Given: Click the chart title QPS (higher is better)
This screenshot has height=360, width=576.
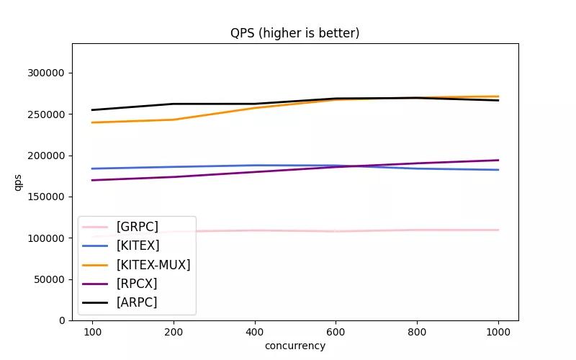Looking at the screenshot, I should click(x=294, y=33).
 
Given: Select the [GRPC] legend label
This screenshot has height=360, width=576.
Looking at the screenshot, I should click(x=137, y=227).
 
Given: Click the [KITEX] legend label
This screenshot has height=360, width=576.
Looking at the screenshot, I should click(x=138, y=246).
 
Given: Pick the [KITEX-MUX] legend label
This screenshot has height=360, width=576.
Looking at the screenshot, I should click(x=153, y=265).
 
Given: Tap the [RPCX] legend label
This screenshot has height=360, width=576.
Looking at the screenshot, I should click(x=136, y=284).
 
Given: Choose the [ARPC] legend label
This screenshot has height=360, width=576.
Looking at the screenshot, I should click(x=136, y=302).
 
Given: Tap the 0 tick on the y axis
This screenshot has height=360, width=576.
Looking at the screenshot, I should click(x=62, y=320).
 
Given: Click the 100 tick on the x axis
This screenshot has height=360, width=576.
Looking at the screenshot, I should click(x=92, y=332).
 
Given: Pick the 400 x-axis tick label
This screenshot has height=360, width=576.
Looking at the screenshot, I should click(x=254, y=332).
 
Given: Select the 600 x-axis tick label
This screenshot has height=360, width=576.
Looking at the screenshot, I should click(x=336, y=332).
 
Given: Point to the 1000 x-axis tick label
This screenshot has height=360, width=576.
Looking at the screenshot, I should click(x=498, y=332).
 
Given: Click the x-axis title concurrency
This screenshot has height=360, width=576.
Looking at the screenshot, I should click(x=294, y=346).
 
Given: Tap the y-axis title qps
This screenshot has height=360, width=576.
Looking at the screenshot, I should click(x=18, y=182).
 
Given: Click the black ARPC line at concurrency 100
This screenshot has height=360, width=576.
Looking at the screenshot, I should click(x=92, y=110).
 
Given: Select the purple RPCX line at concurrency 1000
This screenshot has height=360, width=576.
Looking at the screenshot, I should click(x=498, y=161).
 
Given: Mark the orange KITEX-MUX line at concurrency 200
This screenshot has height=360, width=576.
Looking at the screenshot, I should click(x=174, y=120).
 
